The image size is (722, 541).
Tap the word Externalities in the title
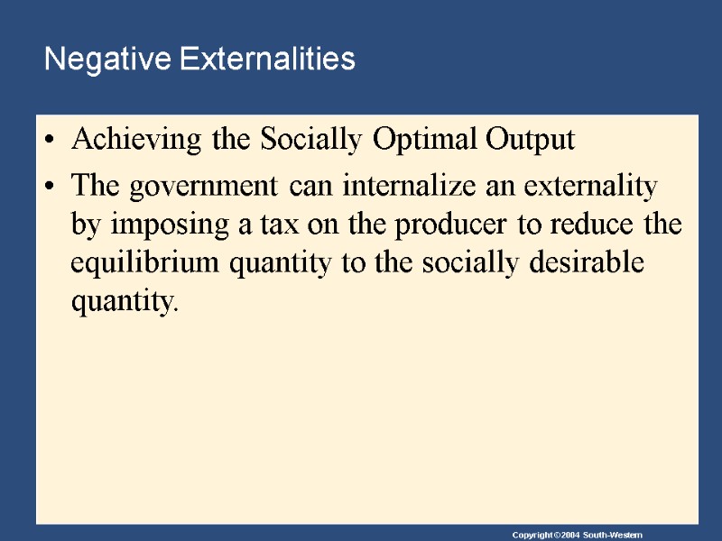click(x=267, y=60)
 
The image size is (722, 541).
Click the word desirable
click(x=588, y=264)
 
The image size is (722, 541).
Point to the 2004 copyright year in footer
click(x=564, y=536)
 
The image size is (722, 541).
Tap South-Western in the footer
click(x=613, y=536)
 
